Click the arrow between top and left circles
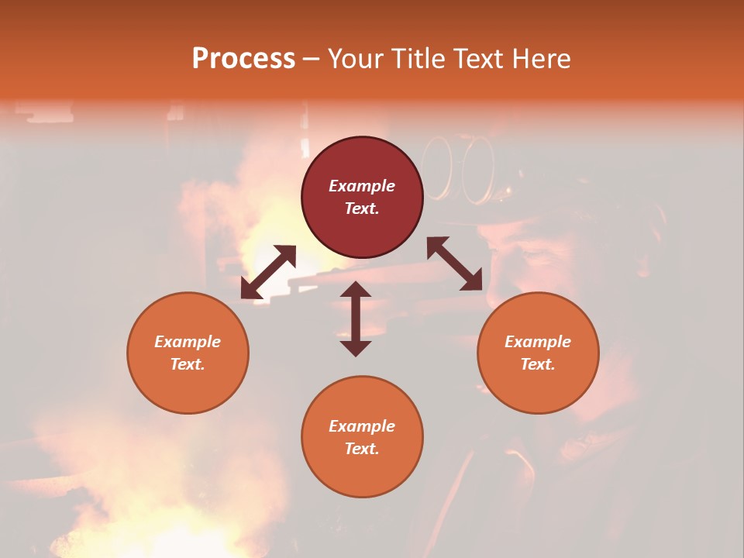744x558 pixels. (268, 272)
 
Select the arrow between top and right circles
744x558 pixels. (455, 263)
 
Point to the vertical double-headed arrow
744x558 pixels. (356, 319)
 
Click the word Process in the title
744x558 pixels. (243, 58)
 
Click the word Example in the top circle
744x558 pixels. (362, 186)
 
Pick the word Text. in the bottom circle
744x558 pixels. (362, 449)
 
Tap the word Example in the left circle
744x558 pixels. (188, 342)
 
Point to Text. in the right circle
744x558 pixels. (538, 364)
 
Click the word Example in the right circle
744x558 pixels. (538, 342)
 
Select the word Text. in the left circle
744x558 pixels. (188, 364)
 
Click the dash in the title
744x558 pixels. (312, 59)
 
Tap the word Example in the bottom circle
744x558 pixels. (362, 426)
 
